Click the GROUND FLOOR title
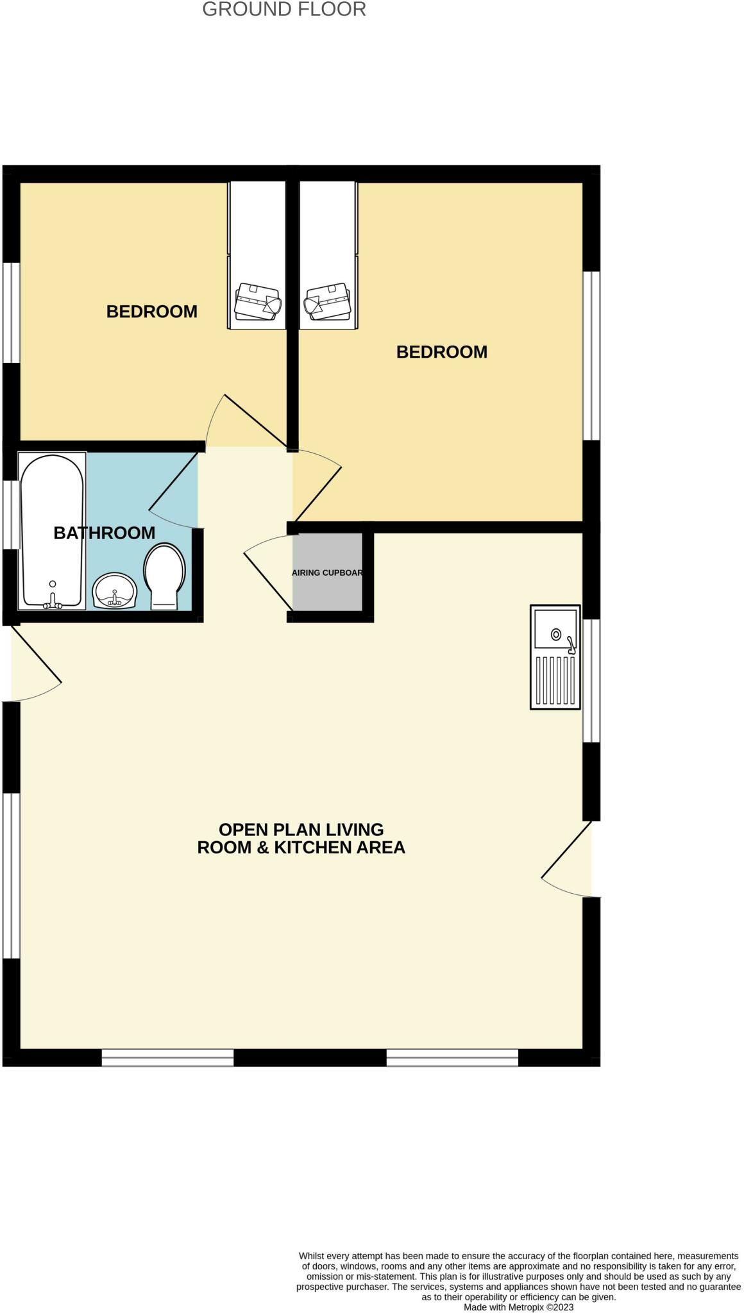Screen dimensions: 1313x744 click(284, 10)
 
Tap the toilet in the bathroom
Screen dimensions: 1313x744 click(165, 575)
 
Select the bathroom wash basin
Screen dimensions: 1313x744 click(114, 590)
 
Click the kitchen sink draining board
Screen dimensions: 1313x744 click(555, 680)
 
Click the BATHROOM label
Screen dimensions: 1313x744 click(104, 533)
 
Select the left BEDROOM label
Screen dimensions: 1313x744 click(151, 312)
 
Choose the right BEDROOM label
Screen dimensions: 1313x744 click(441, 352)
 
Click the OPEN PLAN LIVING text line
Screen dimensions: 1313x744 click(301, 830)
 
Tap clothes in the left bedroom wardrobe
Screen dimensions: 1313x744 click(257, 301)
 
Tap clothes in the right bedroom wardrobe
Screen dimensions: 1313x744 click(327, 301)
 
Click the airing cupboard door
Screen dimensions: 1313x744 click(268, 575)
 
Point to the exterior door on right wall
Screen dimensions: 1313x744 click(566, 851)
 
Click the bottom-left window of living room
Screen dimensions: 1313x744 click(167, 1057)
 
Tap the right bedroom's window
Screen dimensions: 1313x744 click(591, 356)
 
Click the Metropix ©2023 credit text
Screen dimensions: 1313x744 click(518, 1307)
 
